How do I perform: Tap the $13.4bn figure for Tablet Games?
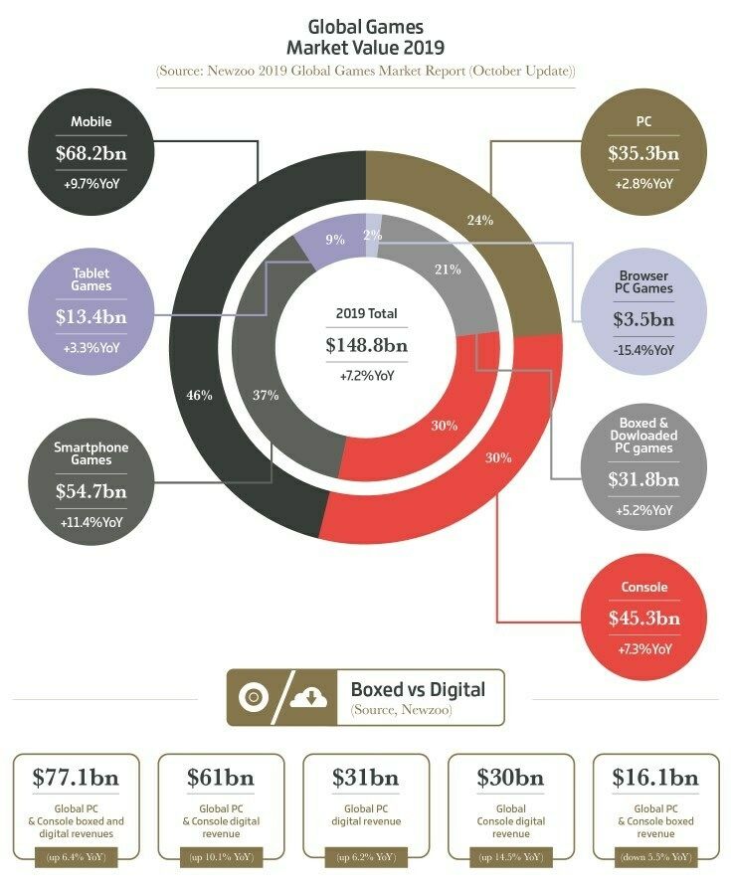(91, 317)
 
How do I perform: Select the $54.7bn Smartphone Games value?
(91, 491)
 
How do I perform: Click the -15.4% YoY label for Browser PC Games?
(643, 349)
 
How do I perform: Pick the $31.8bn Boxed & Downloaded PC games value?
(643, 479)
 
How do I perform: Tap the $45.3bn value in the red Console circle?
(643, 618)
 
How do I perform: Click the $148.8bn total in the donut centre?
(366, 345)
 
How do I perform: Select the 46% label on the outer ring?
(200, 395)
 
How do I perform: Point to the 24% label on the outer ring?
(480, 220)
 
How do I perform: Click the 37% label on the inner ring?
(265, 395)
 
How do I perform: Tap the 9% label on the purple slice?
(334, 240)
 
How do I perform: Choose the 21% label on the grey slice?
(447, 269)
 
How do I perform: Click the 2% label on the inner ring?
(372, 235)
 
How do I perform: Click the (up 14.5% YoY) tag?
(511, 856)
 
